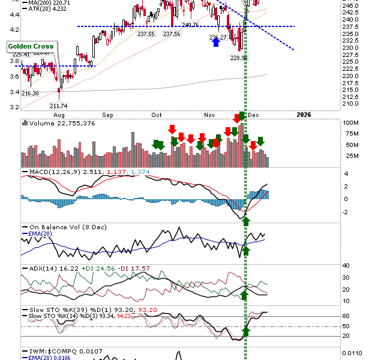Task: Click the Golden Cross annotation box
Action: pos(31,46)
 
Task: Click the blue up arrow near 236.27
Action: pos(215,43)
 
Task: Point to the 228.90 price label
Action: pos(239,58)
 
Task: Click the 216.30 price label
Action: pos(31,93)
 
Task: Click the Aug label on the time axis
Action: pos(59,114)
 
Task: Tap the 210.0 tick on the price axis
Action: pos(351,103)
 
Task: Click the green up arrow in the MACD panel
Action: pos(245,221)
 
